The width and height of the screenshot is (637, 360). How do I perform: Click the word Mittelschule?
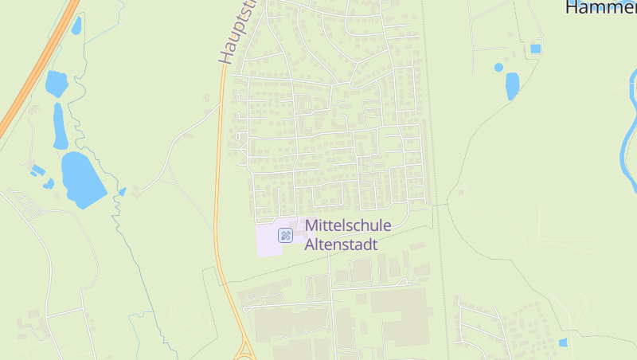point(349,226)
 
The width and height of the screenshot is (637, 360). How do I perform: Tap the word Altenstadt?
point(342,245)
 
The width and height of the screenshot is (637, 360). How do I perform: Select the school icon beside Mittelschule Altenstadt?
point(285,235)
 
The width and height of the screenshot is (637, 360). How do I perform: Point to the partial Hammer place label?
point(600,8)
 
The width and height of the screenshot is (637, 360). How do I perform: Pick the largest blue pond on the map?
point(82,178)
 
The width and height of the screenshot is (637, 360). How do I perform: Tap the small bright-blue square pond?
point(535,49)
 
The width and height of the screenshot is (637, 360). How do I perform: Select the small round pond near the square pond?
point(498,68)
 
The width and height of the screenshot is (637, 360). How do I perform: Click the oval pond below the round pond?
point(512,85)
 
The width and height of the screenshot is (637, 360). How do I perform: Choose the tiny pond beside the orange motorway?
point(76,25)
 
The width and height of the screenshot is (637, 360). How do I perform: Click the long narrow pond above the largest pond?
point(60,126)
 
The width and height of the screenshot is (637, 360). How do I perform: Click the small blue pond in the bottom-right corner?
point(563,342)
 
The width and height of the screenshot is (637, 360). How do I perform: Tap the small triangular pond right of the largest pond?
point(123,192)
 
